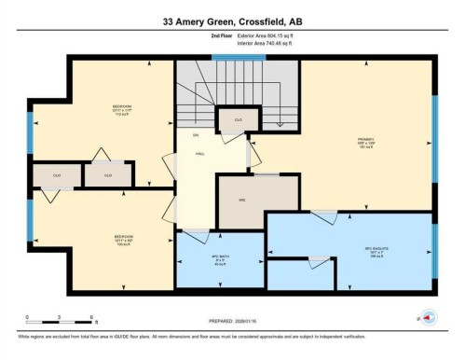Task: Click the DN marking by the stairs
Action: [x=196, y=136]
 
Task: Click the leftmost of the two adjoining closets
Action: [x=56, y=175]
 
